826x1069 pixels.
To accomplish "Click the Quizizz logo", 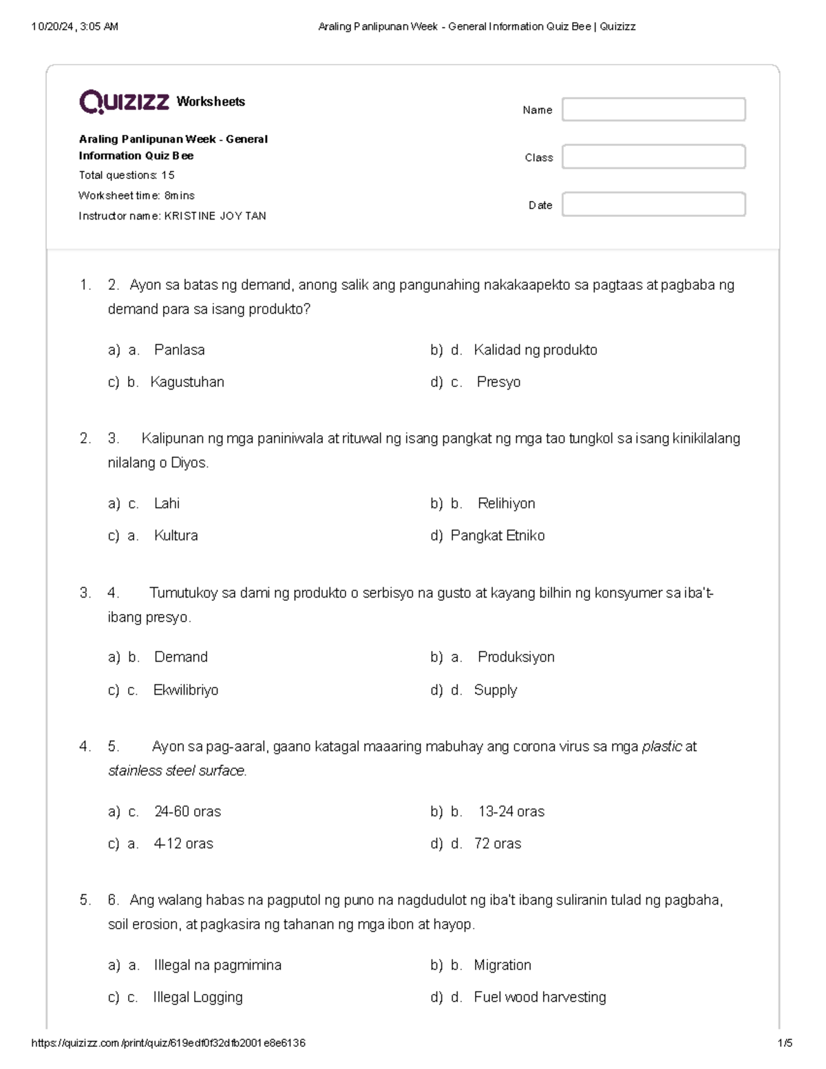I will coord(124,102).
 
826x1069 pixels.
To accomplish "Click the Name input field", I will coord(653,109).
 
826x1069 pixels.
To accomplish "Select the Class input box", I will coord(653,157).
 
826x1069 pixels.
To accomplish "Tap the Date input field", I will coord(653,204).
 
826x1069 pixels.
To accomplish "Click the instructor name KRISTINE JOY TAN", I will coord(215,216).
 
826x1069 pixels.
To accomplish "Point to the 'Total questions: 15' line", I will coord(127,175).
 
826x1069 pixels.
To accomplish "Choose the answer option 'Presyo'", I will coord(498,382).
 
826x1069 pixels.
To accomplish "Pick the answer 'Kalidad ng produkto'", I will coord(535,350).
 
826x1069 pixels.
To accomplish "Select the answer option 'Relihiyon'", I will coord(506,503).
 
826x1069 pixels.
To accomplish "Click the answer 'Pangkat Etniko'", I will coord(497,536).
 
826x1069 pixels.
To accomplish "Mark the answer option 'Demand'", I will coord(180,657).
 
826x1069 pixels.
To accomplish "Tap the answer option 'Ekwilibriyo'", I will coord(185,690).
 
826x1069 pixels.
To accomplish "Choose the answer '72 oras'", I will coord(497,843).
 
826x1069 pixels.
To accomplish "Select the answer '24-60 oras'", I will coord(187,811).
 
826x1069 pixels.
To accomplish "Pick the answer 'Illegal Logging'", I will coord(198,997).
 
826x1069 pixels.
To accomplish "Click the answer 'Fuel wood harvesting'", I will coord(540,997).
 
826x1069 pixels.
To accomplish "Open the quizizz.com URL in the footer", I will coord(169,1043).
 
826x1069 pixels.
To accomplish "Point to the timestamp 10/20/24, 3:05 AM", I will coord(75,27).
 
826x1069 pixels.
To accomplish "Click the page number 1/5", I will coord(785,1043).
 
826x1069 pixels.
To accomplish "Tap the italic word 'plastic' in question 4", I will coord(661,746).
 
